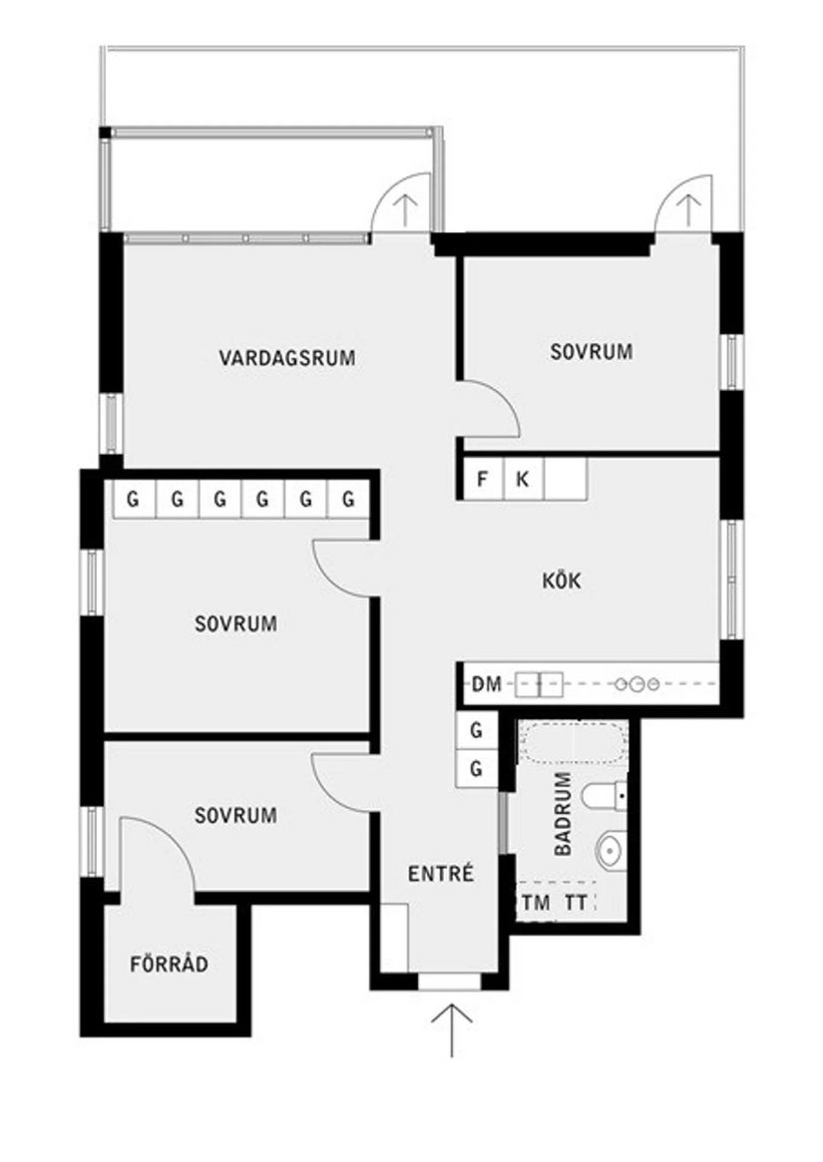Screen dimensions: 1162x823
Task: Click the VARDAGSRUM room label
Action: point(287,358)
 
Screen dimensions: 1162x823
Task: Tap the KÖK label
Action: point(562,581)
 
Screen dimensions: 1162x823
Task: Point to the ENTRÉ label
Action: point(440,874)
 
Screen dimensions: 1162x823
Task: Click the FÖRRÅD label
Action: point(170,965)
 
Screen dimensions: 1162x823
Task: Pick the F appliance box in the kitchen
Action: point(483,480)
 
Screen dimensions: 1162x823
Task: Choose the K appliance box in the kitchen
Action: point(523,480)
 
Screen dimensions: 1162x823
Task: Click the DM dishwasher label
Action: point(486,684)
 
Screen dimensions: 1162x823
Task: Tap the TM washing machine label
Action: point(536,904)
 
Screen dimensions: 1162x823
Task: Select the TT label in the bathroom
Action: point(576,904)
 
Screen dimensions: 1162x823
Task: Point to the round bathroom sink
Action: point(610,851)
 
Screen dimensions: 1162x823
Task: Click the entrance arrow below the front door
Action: point(451,1027)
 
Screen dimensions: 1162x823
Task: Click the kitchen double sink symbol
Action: point(539,684)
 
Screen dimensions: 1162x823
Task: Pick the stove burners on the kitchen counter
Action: point(636,684)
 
